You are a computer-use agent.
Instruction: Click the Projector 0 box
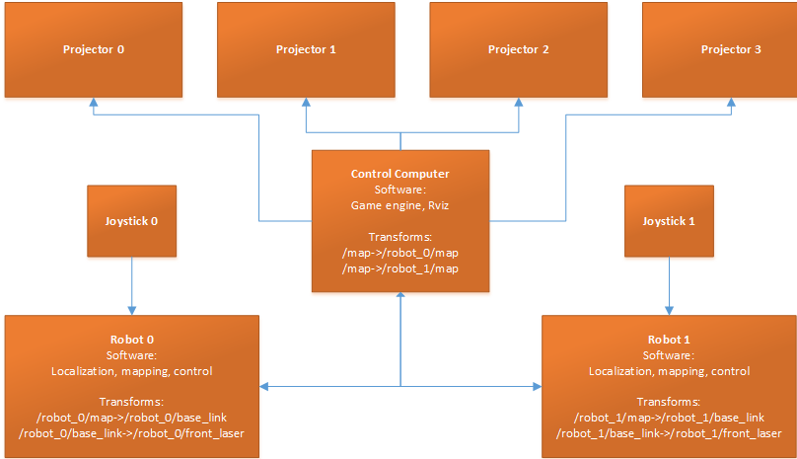(94, 49)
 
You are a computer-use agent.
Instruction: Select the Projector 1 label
(306, 49)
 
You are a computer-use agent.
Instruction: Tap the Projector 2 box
(519, 49)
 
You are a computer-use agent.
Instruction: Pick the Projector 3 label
(731, 49)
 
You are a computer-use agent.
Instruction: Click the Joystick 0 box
(132, 221)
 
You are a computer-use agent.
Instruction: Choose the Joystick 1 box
(671, 221)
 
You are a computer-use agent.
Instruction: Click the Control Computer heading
(399, 174)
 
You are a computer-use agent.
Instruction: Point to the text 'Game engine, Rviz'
(399, 205)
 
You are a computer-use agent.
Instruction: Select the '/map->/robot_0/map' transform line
(399, 253)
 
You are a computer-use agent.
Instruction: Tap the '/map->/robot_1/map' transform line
(399, 268)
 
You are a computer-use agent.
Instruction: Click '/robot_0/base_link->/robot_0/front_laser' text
(132, 433)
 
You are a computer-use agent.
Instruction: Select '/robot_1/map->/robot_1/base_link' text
(670, 418)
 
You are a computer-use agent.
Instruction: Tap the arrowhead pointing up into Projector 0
(94, 102)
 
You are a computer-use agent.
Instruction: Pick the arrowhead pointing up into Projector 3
(731, 102)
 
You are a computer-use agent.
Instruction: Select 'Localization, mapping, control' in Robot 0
(132, 371)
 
